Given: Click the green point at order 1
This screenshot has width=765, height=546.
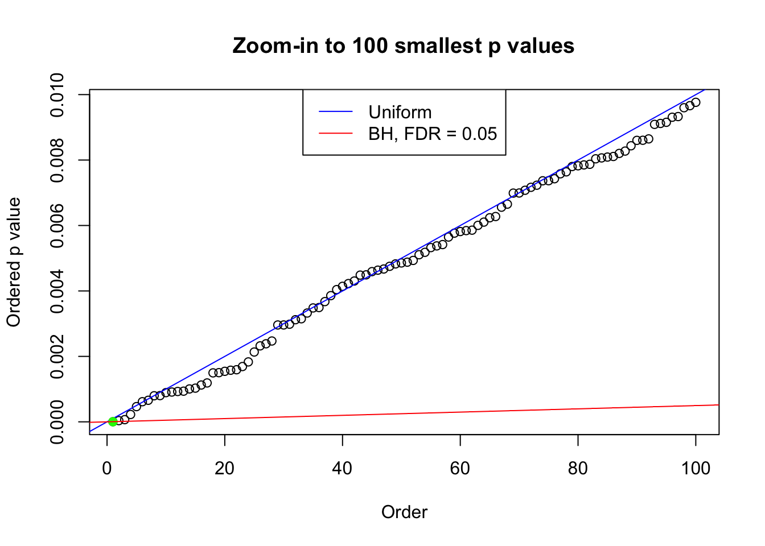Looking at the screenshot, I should (x=113, y=421).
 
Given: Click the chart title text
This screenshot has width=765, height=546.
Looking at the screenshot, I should (x=404, y=45).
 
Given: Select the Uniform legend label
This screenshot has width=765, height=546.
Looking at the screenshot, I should (x=400, y=112).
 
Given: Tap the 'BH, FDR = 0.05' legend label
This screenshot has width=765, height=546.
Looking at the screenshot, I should (x=433, y=134).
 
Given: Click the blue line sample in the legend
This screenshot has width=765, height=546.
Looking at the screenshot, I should (x=335, y=112).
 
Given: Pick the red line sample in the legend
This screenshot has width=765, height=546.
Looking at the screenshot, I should (x=335, y=134).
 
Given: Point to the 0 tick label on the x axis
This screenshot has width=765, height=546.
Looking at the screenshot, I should (x=107, y=468).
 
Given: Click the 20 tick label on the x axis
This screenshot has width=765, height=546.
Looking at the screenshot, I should (x=225, y=468).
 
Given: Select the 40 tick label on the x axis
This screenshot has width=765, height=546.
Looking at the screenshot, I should (x=343, y=468).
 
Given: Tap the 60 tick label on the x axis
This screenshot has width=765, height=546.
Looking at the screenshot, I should (x=460, y=468).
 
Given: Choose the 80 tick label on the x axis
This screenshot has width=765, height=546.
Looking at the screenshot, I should (x=578, y=468).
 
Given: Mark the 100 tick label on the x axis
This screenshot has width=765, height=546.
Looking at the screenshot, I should (x=696, y=468).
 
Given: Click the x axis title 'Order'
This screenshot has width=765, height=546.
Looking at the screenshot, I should (x=404, y=512).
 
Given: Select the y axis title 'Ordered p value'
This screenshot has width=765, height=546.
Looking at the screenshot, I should (x=14, y=262).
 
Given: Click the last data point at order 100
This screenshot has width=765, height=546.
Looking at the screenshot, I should (x=696, y=102).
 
